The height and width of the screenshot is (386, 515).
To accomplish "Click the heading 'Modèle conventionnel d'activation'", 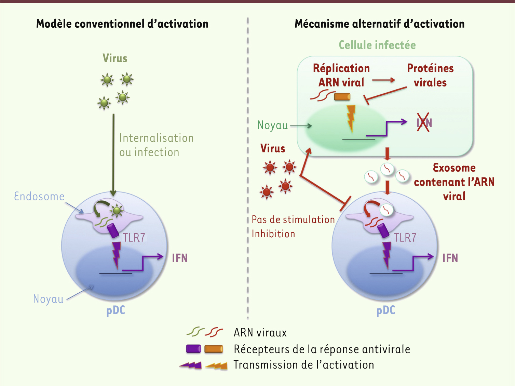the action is (122, 24).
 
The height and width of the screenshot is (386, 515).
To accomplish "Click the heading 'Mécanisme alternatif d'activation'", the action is (379, 24).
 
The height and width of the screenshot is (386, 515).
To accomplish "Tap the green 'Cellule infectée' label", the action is (377, 45).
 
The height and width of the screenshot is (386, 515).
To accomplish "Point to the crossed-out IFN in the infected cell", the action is (424, 122).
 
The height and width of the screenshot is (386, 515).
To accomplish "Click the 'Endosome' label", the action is (39, 196).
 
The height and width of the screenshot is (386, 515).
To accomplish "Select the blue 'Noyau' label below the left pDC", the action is (48, 299).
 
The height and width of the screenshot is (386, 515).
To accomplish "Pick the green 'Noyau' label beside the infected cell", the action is (273, 125).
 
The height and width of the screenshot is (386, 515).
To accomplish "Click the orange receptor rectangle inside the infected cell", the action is (342, 97).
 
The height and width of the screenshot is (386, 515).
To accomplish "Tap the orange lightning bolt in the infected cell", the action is (351, 119).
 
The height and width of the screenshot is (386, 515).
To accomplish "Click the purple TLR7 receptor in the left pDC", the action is (113, 230).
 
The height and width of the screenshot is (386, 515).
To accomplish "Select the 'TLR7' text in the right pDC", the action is (405, 238).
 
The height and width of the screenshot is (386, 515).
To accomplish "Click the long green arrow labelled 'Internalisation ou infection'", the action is (113, 155).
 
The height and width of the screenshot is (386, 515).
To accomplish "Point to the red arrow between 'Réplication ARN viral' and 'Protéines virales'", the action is (384, 80).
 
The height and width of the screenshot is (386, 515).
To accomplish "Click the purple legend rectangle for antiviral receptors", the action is (193, 349).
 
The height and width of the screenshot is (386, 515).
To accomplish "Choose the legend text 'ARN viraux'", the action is (260, 333).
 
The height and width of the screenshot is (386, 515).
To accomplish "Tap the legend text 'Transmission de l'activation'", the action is (304, 365).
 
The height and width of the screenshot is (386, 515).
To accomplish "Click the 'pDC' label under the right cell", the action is (386, 310).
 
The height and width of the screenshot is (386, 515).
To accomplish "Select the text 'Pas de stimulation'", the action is (293, 220).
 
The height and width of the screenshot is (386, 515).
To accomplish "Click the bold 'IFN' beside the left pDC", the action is (180, 258).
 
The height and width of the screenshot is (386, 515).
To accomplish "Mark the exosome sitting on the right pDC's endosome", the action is (387, 210).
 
